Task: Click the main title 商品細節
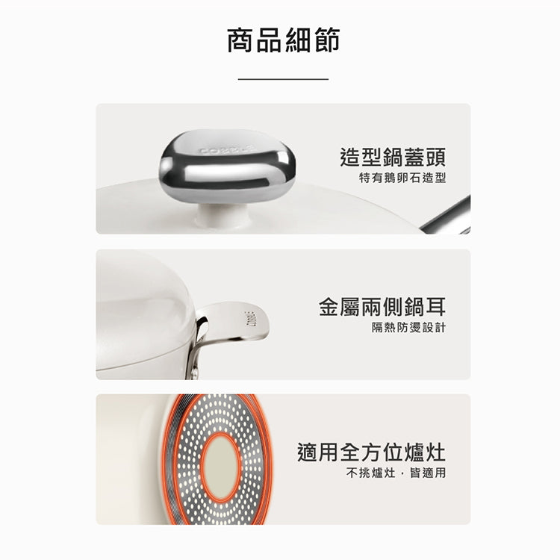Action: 283,40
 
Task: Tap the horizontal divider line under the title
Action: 283,79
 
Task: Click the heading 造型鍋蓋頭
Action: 393,157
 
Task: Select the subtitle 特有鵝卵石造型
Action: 402,178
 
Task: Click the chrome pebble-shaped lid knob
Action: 228,166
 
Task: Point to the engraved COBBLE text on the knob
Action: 227,149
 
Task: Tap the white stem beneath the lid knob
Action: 223,215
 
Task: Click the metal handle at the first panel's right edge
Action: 447,216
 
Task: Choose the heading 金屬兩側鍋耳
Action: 382,307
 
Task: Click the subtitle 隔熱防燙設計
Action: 409,327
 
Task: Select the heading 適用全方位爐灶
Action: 371,452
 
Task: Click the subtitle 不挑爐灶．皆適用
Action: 396,473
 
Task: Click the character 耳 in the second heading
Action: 436,307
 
